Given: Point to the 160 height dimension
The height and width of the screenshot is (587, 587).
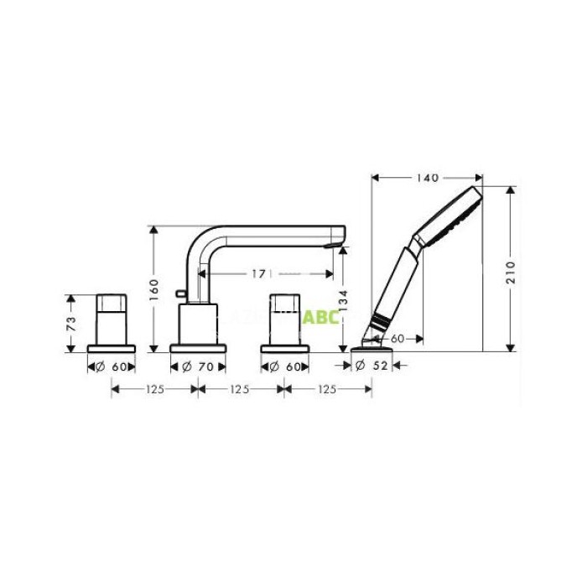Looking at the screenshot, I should (154, 288).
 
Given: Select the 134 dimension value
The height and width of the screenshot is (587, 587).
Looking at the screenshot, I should (342, 299).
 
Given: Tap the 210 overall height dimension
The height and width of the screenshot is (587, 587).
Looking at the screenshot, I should (510, 270).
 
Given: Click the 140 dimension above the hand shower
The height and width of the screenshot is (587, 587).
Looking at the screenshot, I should (426, 177).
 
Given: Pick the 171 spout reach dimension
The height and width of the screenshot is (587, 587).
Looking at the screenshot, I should (260, 273).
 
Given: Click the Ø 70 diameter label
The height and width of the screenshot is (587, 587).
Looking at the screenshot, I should (199, 366).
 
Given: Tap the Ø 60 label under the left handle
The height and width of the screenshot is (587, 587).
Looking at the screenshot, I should (112, 366).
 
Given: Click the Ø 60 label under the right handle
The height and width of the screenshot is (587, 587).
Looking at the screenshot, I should (285, 366).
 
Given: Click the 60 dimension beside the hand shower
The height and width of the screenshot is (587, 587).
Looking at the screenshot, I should (397, 338).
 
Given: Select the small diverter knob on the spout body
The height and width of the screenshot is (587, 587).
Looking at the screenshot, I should (180, 295).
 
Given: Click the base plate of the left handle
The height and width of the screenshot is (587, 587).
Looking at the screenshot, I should (112, 346).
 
